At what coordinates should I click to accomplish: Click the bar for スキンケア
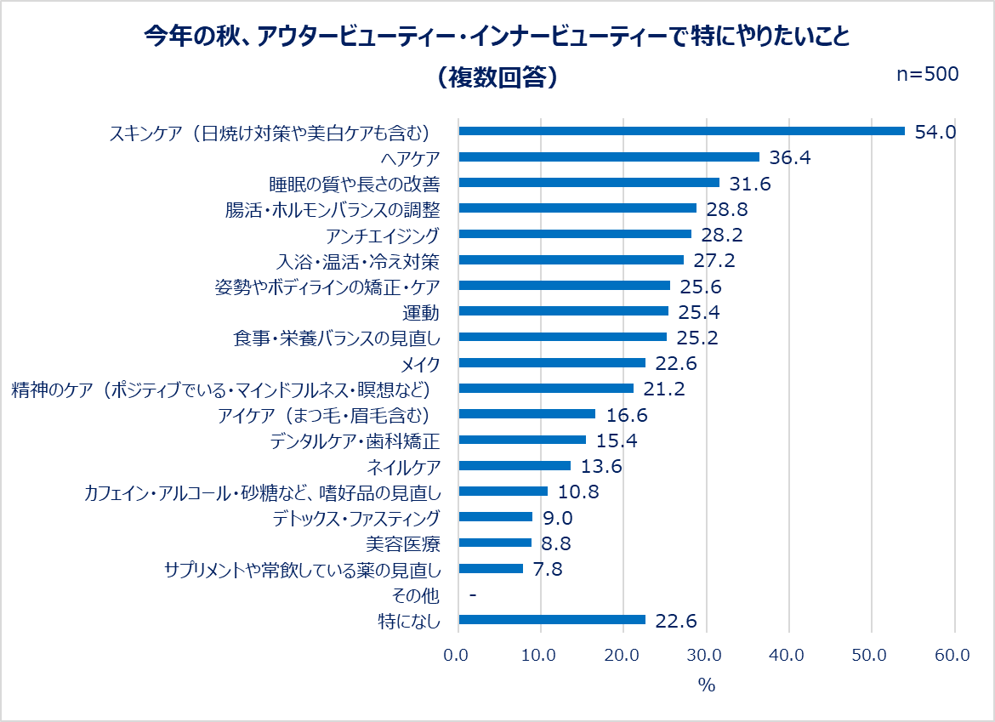point(681,131)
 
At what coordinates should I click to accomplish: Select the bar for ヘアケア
point(609,156)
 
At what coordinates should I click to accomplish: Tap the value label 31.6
point(750,183)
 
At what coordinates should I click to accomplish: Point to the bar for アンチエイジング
point(575,234)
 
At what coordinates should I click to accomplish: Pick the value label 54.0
point(935,132)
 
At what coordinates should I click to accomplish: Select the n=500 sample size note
point(929,74)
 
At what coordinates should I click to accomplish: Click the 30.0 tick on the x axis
point(705,655)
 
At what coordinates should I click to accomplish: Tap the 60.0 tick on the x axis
point(952,655)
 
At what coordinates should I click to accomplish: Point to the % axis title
point(706,685)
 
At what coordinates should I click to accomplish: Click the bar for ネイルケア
point(515,465)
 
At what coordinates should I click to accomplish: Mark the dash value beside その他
point(472,594)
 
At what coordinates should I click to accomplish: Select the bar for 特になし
point(552,620)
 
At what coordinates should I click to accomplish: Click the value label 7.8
point(548,569)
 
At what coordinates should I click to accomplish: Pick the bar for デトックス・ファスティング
point(496,517)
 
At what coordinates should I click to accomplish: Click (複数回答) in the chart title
point(497,77)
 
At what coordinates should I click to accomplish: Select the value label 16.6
point(626,415)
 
